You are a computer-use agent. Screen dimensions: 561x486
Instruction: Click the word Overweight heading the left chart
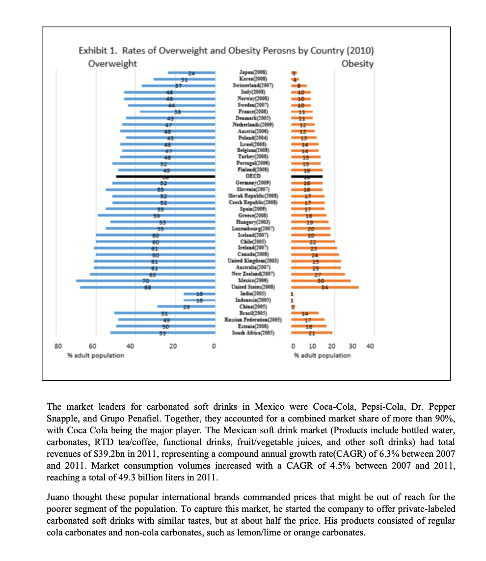coord(112,64)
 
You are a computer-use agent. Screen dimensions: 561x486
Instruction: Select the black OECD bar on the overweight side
coord(165,176)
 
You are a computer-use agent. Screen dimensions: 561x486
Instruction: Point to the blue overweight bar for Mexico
coord(146,280)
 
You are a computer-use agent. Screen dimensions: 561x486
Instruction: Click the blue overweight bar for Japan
coord(191,73)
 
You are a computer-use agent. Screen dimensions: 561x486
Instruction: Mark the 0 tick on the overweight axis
coord(215,346)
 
